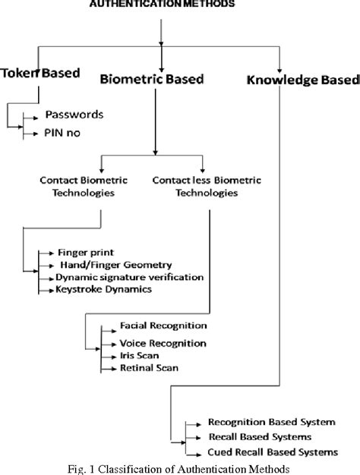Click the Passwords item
pyautogui.click(x=74, y=115)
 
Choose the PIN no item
pyautogui.click(x=64, y=134)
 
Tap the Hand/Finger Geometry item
pyautogui.click(x=111, y=265)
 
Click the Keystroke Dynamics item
pyautogui.click(x=98, y=290)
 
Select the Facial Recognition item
pyautogui.click(x=163, y=326)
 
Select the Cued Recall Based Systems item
pyautogui.click(x=272, y=452)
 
